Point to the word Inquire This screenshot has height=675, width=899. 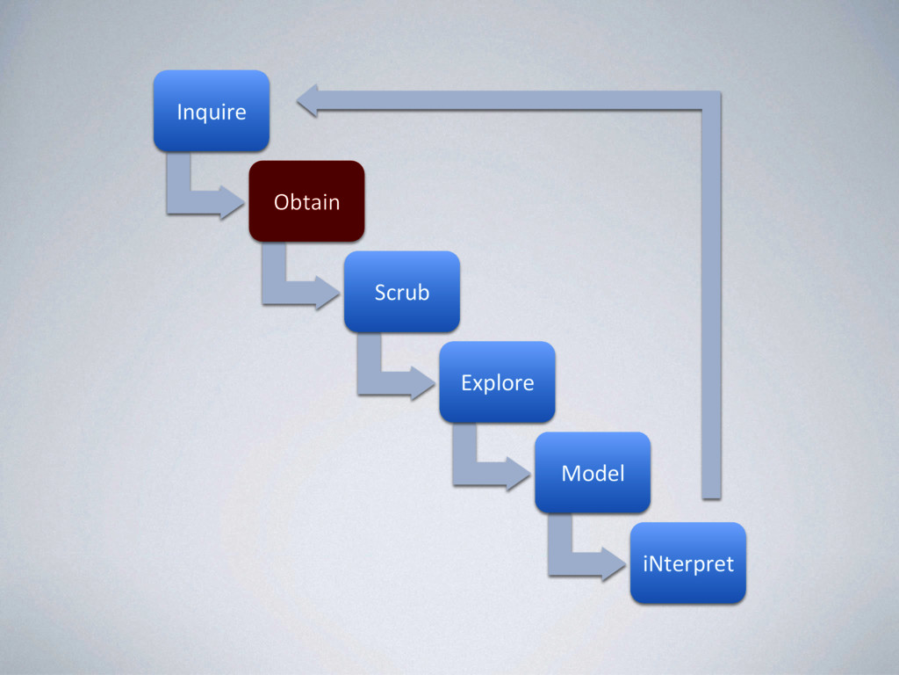211,112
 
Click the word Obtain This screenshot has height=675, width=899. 306,202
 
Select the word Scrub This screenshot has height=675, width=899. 402,293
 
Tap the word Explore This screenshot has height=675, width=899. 498,383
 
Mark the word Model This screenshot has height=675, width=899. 593,474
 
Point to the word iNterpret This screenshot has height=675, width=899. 688,563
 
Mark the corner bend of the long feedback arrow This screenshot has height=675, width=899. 710,101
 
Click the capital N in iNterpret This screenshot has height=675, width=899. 654,563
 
